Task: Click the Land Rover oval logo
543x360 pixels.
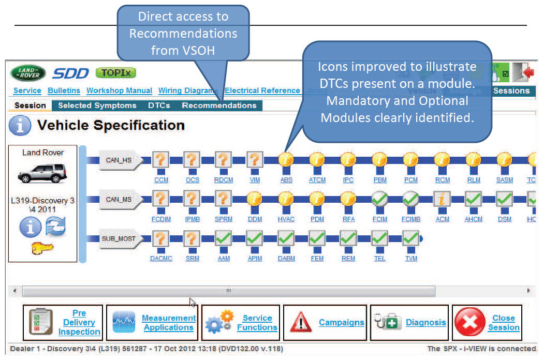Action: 28,73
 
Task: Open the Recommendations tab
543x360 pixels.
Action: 219,106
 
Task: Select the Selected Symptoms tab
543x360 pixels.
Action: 97,106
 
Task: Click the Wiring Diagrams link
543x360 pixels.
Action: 188,91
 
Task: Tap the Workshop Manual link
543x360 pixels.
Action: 119,91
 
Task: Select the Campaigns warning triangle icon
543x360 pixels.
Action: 301,323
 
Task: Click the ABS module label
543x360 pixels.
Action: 286,180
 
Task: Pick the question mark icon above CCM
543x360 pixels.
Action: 161,160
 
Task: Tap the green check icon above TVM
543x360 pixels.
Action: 410,238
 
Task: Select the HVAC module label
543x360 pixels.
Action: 286,219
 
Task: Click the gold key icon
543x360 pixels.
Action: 42,249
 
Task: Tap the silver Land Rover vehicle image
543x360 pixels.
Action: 42,173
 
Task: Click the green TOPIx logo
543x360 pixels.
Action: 116,73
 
